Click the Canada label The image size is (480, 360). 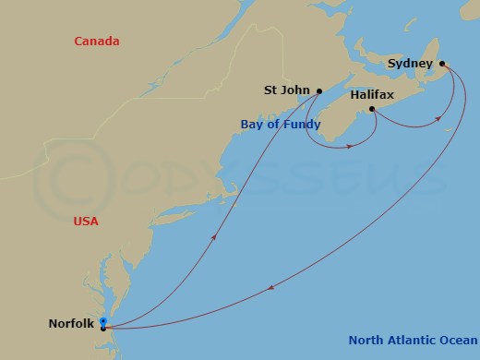pos(100,42)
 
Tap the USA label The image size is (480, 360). pos(85,222)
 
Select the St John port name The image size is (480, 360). pos(285,90)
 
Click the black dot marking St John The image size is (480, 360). pos(318,90)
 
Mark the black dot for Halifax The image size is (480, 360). pos(372,110)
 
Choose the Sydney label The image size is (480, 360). pos(410,64)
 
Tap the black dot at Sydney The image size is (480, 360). pos(443,64)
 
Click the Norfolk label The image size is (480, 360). pos(71,323)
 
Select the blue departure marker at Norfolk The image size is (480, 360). pos(103,321)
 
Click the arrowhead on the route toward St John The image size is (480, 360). pos(215,237)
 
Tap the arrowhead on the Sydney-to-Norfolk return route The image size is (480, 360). pos(270,290)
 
